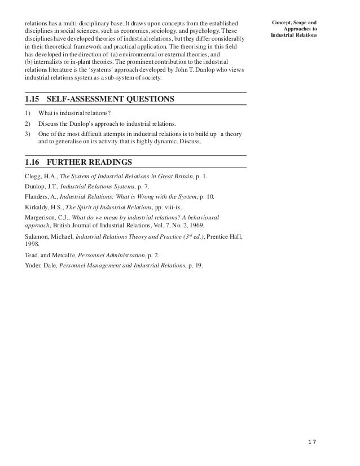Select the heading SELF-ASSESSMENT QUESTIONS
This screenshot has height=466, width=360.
click(x=110, y=99)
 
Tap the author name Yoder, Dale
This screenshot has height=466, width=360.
click(x=40, y=265)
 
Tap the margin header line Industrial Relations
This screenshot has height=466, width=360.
click(x=293, y=35)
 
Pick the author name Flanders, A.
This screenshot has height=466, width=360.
click(x=40, y=197)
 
